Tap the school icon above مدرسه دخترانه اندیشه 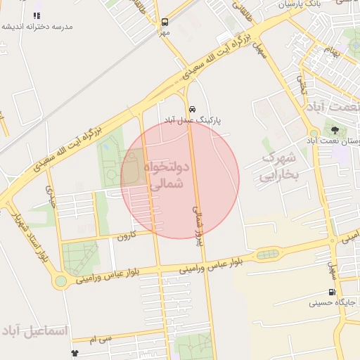tap(37, 15)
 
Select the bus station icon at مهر tap(165, 22)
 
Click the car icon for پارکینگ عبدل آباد tap(192, 109)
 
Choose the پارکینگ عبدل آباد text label tap(192, 120)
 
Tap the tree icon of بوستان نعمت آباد tap(335, 129)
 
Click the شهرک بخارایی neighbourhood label tap(280, 167)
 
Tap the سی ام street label tap(101, 340)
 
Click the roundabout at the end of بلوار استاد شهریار tap(61, 281)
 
